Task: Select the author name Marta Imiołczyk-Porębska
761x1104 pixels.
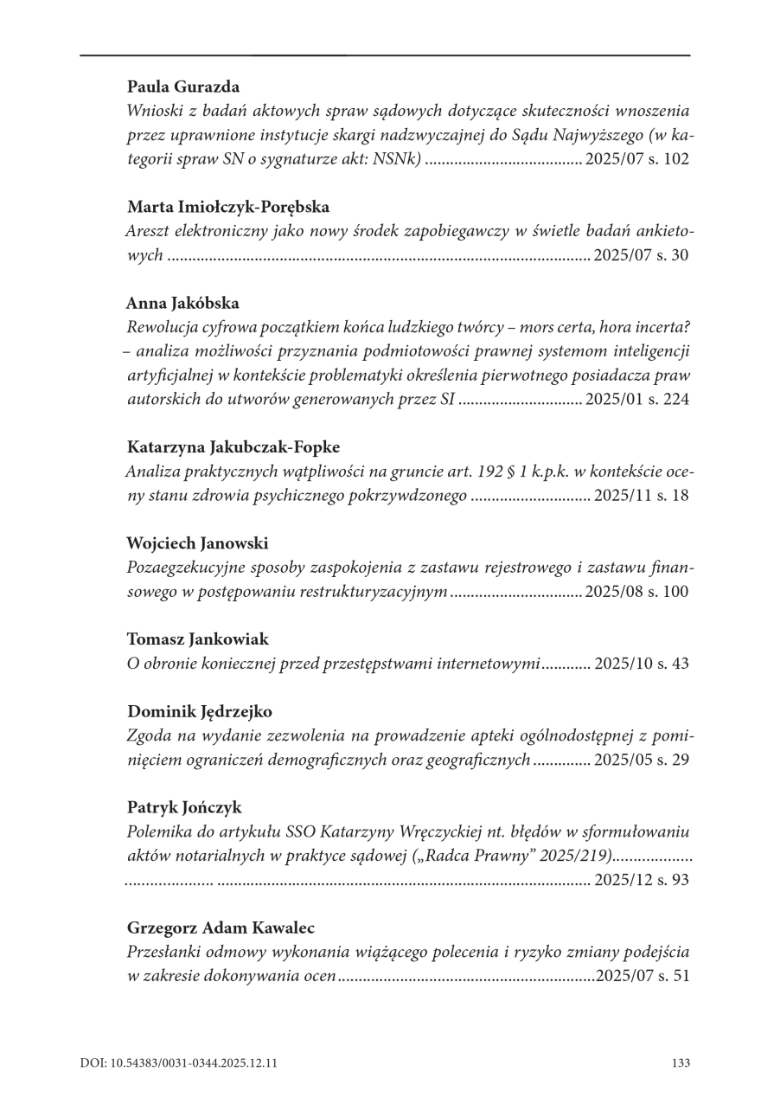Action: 228,207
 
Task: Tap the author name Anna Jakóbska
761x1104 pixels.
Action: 183,303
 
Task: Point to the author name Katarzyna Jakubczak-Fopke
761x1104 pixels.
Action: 233,447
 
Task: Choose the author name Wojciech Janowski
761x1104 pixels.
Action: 197,543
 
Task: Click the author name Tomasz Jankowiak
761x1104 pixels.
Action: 198,639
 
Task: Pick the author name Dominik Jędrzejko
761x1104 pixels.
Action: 200,711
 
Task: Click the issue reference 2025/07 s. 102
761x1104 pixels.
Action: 637,160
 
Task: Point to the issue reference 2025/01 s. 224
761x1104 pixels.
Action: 637,401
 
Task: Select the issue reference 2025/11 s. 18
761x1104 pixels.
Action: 641,497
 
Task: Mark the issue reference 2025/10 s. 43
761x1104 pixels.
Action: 641,664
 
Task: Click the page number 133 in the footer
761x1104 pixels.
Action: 680,1062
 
